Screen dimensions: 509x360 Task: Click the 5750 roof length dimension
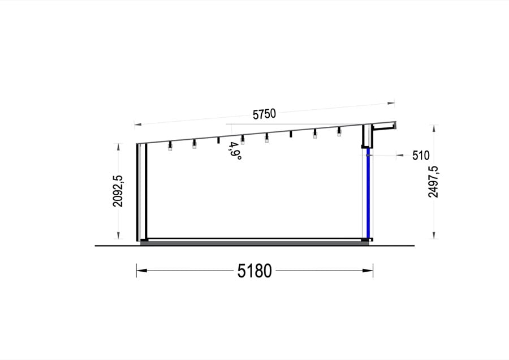[x=264, y=114]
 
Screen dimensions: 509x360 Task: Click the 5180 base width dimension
[x=255, y=271]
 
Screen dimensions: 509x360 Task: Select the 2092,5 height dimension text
[x=118, y=191]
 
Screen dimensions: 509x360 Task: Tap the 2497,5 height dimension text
[x=433, y=182]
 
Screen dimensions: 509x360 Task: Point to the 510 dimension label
[x=421, y=156]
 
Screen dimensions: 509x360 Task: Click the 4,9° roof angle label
[x=235, y=151]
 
